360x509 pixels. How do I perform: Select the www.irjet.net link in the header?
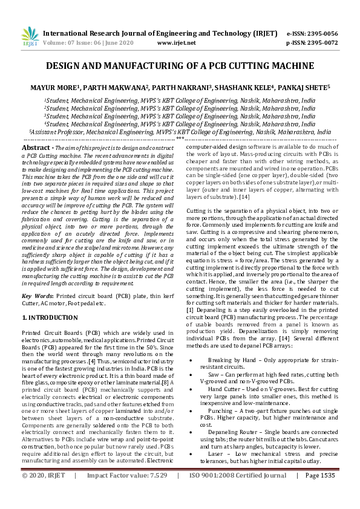(176, 43)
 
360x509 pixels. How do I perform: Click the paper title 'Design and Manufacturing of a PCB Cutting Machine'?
(180, 65)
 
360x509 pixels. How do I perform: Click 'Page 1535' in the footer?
(319, 493)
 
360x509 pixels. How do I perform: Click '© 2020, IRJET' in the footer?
(44, 493)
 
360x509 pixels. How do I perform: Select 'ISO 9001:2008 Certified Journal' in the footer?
(238, 493)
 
